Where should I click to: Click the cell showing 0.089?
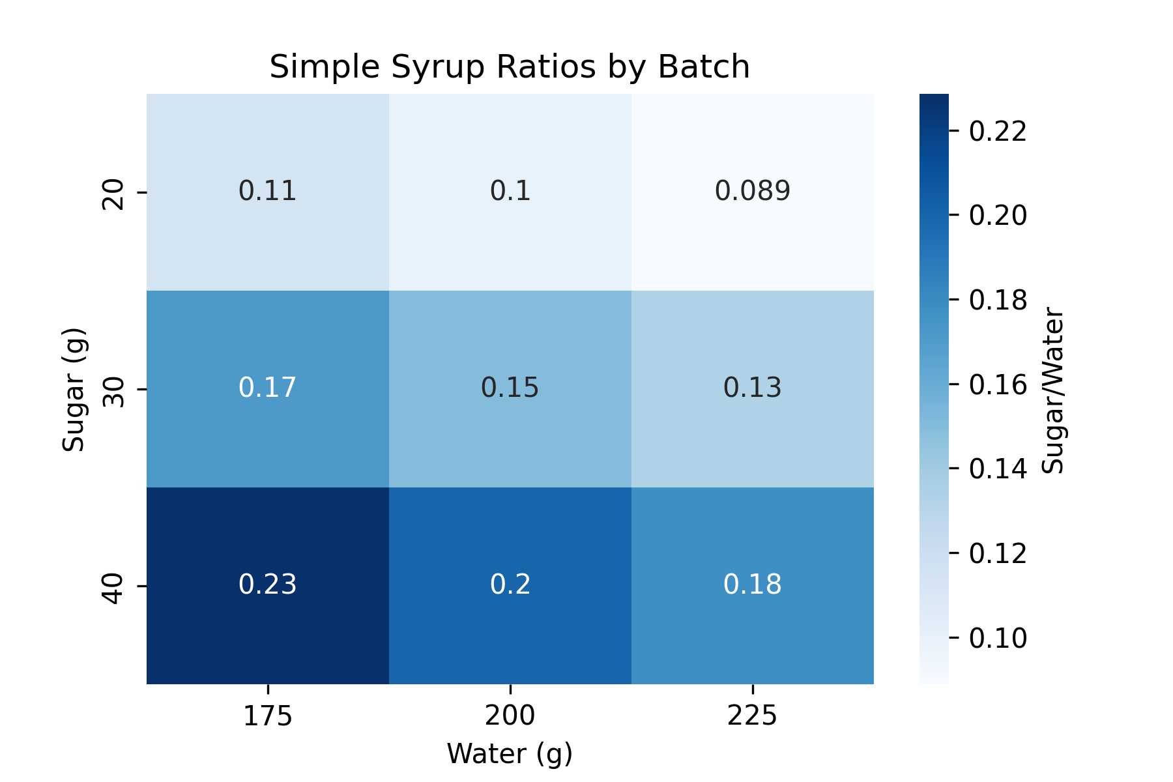point(753,192)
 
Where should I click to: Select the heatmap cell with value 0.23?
point(268,585)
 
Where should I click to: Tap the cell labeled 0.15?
point(510,388)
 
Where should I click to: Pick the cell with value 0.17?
point(268,388)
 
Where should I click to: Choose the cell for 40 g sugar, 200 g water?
point(510,585)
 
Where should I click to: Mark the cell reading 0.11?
point(268,192)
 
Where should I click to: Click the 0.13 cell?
point(753,388)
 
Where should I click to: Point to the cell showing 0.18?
point(753,585)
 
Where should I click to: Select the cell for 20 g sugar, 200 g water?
point(510,192)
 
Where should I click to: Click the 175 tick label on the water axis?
point(268,717)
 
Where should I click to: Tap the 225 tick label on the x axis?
point(753,717)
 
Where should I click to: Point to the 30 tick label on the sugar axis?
point(115,390)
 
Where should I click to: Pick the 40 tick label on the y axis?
point(115,586)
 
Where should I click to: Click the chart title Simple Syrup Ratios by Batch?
point(510,67)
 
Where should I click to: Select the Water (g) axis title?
point(510,754)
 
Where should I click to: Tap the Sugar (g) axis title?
point(74,390)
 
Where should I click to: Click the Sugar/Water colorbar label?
point(1053,390)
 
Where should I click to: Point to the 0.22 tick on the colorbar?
point(997,132)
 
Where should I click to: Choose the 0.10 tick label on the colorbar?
point(997,638)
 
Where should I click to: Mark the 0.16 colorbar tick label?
point(997,384)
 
